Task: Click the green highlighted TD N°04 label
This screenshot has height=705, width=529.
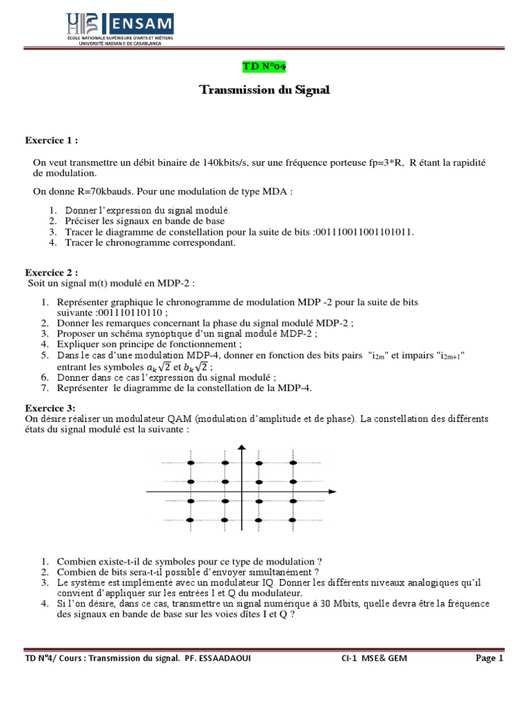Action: [x=264, y=66]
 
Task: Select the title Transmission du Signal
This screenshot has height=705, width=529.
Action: [x=264, y=90]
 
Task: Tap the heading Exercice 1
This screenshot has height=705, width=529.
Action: [x=52, y=140]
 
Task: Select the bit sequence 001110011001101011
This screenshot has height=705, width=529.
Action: [x=363, y=232]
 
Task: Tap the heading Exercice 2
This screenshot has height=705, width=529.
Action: [x=52, y=272]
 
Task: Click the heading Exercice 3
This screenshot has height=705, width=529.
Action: [x=52, y=408]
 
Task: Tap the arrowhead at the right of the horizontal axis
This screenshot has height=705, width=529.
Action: [x=332, y=492]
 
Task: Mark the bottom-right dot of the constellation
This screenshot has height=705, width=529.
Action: [x=293, y=520]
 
